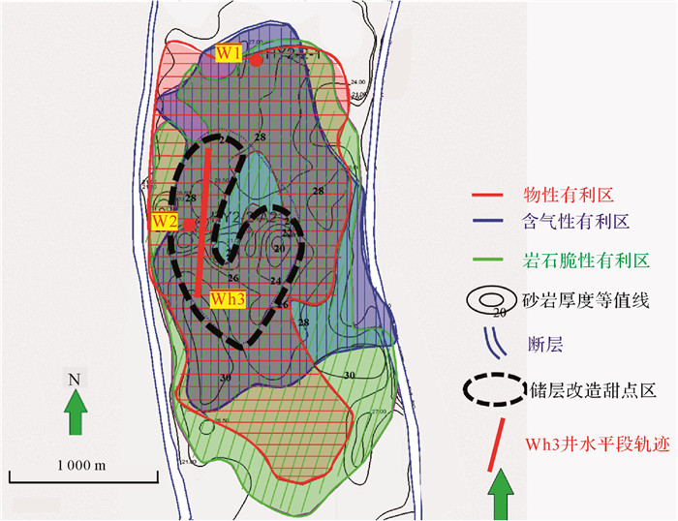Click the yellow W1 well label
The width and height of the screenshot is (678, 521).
(228, 53)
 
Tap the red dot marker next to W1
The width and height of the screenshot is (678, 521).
(256, 60)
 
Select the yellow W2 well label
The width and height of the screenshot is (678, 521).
(163, 222)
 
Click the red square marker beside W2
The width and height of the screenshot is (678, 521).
(188, 223)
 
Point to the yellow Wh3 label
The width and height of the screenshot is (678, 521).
(228, 299)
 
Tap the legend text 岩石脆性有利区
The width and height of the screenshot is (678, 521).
(578, 261)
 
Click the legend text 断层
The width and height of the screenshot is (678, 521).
(541, 342)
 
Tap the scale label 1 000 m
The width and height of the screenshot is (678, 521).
(81, 464)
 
